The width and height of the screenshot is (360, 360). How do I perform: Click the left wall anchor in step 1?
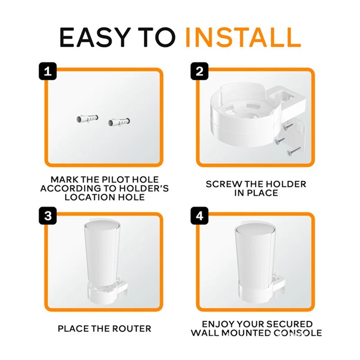pyautogui.click(x=85, y=119)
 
